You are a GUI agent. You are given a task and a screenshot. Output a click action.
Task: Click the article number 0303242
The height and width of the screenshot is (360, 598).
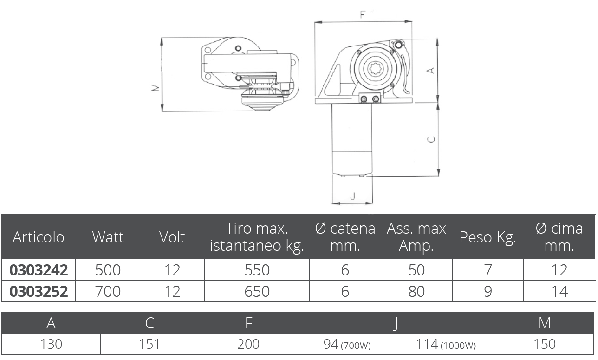[39, 270]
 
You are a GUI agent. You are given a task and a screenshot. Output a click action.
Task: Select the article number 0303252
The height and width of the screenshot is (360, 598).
[39, 291]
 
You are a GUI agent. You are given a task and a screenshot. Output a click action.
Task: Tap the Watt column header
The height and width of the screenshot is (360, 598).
[108, 237]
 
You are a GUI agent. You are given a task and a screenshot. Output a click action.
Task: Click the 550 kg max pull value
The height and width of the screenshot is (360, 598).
[257, 270]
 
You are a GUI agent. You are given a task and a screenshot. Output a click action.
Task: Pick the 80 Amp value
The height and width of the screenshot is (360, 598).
[416, 291]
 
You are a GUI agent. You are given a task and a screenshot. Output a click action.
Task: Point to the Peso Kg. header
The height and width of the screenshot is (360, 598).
[487, 237]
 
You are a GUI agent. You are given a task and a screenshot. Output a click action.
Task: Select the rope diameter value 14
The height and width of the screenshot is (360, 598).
[559, 291]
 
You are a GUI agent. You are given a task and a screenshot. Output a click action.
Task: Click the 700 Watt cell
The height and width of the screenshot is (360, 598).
[108, 291]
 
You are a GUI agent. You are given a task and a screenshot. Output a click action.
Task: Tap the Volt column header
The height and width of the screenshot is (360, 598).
[172, 237]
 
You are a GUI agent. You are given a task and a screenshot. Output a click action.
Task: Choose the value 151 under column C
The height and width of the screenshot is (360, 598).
[149, 344]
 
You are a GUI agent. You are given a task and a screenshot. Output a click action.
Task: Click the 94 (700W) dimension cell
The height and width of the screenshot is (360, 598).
[347, 344]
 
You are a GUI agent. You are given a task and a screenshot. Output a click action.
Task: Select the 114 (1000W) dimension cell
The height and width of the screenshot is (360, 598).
[446, 344]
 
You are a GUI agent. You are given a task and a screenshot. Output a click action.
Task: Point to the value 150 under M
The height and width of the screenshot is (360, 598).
[545, 344]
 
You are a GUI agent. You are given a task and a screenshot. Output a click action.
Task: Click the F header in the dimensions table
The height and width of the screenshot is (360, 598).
[249, 323]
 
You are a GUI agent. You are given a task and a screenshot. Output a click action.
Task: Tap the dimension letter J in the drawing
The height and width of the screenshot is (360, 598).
[352, 196]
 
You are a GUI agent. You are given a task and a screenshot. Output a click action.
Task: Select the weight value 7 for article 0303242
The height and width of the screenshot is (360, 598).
[487, 270]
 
